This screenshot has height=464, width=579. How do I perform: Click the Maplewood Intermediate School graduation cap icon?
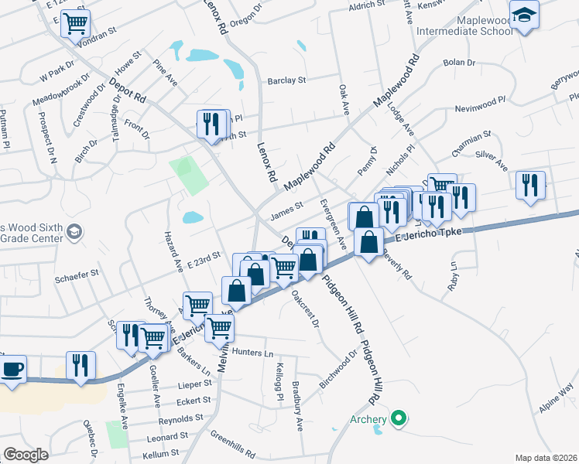click(524, 15)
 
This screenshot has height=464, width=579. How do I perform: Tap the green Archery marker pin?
click(399, 419)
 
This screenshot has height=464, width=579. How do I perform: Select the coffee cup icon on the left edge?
click(12, 368)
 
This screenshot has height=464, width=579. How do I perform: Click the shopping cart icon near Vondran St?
click(75, 23)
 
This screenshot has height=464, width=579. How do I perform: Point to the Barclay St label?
click(287, 80)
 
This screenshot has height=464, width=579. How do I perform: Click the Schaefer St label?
click(77, 273)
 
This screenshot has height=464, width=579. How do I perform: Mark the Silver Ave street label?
click(492, 160)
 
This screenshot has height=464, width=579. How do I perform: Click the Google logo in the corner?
click(26, 455)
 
